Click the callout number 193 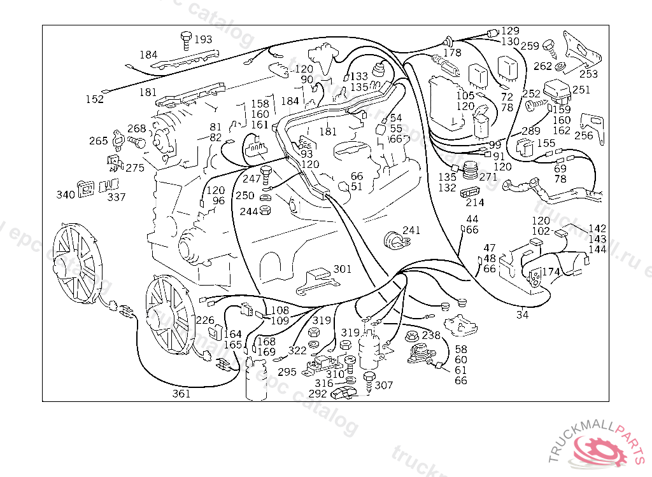(x=203, y=39)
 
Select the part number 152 (x=94, y=99)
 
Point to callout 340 (x=65, y=195)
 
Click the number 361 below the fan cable (x=181, y=394)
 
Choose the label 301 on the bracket (x=342, y=269)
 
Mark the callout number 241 (x=411, y=230)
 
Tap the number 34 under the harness (x=522, y=314)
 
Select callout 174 (x=551, y=272)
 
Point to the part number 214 (x=474, y=203)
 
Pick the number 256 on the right (x=584, y=135)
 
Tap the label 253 (x=588, y=74)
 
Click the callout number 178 (x=452, y=52)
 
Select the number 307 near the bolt (x=384, y=385)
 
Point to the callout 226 (x=205, y=320)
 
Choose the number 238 (x=431, y=335)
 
